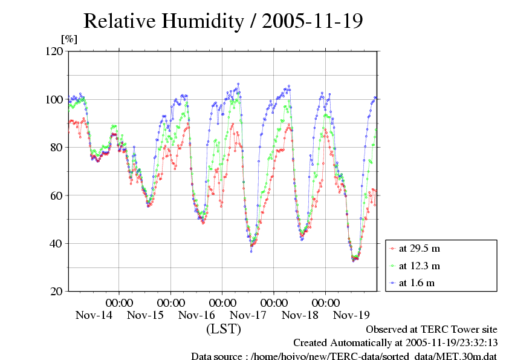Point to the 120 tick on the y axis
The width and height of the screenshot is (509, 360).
point(54,51)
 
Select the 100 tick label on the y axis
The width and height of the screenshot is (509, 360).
point(54,99)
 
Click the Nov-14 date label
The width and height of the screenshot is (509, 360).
point(94,315)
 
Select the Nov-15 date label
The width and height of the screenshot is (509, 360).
point(145,315)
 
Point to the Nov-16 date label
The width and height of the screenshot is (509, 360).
point(196,315)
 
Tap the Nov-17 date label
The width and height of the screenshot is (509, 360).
point(248,315)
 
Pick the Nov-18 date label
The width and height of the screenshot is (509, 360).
point(300,315)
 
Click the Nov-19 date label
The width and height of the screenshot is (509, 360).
point(351,315)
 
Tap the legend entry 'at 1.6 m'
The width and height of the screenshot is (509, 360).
point(417,283)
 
